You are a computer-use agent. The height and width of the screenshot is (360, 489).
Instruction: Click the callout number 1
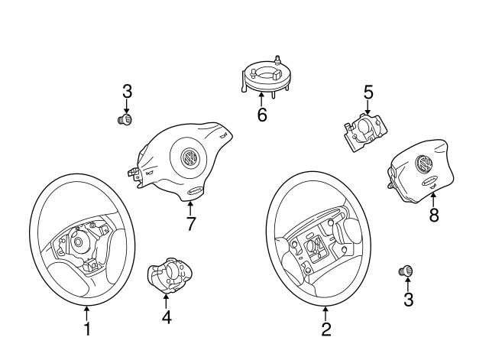tap(86, 329)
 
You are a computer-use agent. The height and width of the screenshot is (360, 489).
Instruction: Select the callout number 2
tap(326, 330)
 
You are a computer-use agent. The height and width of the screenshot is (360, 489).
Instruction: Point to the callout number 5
tap(368, 92)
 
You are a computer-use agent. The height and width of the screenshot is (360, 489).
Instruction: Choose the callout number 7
tap(191, 224)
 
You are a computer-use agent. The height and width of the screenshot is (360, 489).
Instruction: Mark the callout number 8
tap(433, 216)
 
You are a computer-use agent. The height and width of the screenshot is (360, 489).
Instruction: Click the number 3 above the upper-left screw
tap(128, 91)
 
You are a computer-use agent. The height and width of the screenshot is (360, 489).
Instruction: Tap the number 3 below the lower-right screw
tap(408, 300)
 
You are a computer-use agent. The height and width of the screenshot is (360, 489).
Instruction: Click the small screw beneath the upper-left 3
tap(125, 119)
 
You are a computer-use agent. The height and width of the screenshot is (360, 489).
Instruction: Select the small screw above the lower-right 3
tap(407, 271)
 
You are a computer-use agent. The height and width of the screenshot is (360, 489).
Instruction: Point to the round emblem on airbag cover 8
tap(421, 164)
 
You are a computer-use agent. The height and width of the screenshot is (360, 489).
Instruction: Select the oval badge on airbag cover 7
tap(194, 192)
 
